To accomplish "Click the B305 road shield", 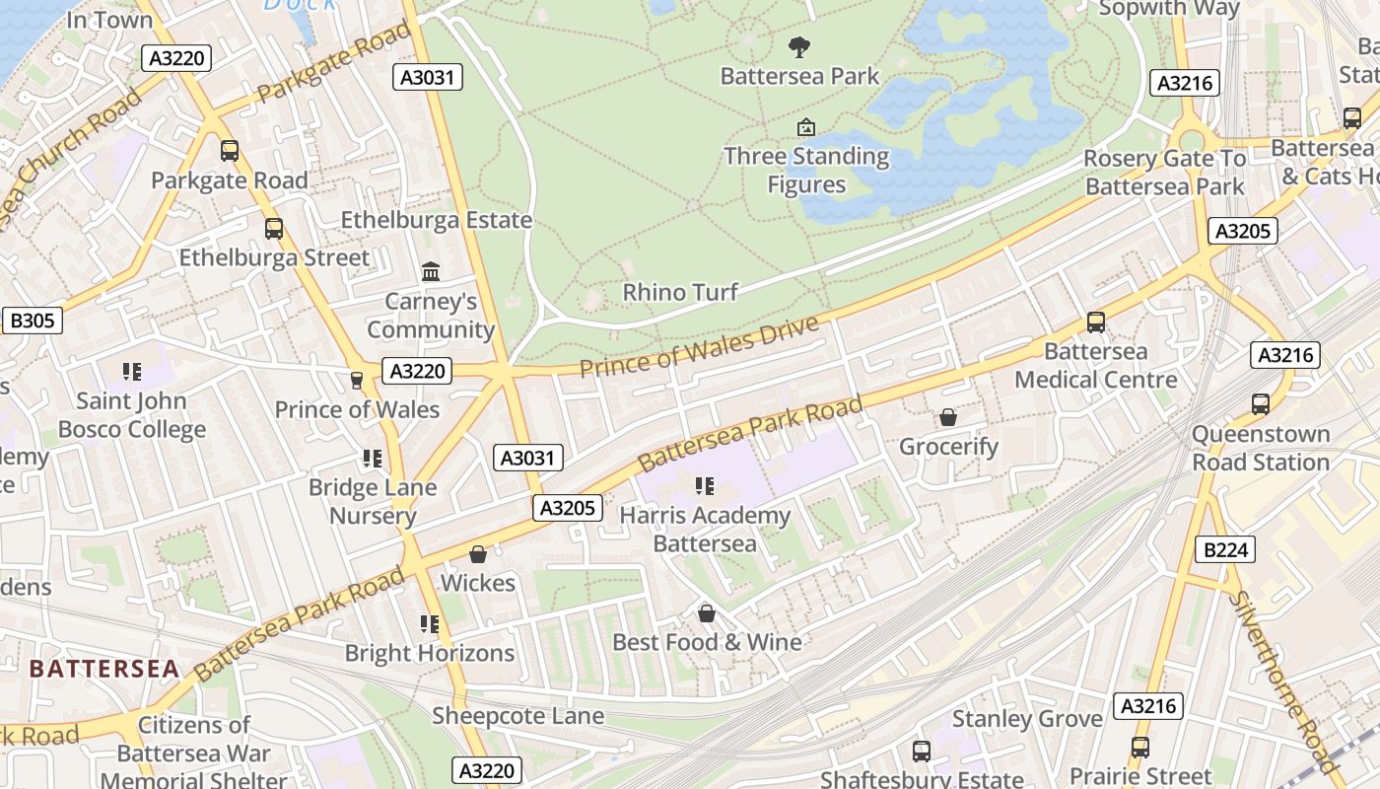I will pyautogui.click(x=33, y=321).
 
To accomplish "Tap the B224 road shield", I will pyautogui.click(x=1225, y=550).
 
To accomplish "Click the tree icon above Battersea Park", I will pyautogui.click(x=799, y=45).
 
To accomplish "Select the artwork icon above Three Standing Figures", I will pyautogui.click(x=806, y=127).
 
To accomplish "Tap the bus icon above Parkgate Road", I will pyautogui.click(x=230, y=151).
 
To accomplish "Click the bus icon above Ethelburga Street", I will pyautogui.click(x=274, y=229).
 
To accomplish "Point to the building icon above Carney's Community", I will pyautogui.click(x=431, y=271).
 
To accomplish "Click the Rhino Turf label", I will pyautogui.click(x=680, y=292).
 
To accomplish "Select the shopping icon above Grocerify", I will pyautogui.click(x=948, y=417).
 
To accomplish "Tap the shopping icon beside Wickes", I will pyautogui.click(x=478, y=554).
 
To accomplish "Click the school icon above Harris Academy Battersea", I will pyautogui.click(x=705, y=485).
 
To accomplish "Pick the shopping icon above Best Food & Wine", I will pyautogui.click(x=707, y=613).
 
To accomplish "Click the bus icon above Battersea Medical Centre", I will pyautogui.click(x=1095, y=322).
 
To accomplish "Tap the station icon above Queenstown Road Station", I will pyautogui.click(x=1261, y=403).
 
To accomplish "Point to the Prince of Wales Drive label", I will pyautogui.click(x=699, y=347).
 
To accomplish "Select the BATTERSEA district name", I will pyautogui.click(x=104, y=669).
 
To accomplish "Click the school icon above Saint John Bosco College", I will pyautogui.click(x=132, y=372).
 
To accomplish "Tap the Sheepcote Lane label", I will pyautogui.click(x=517, y=716).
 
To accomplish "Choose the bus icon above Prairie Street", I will pyautogui.click(x=1140, y=748).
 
